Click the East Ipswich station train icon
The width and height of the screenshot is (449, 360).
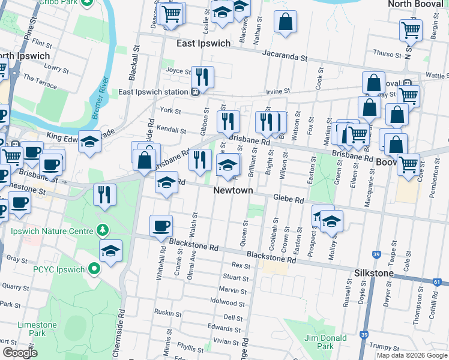point(196,92)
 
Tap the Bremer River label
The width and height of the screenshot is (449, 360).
point(100,90)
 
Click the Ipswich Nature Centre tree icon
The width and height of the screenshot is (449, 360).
point(103,230)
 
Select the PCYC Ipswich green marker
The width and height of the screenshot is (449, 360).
point(94,269)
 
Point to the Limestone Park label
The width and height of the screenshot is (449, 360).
point(37,329)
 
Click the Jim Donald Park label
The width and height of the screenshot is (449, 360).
point(325,342)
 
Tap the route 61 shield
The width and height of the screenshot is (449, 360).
point(437,281)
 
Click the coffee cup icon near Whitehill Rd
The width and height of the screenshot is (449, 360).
point(161,226)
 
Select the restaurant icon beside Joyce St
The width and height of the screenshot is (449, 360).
point(202,76)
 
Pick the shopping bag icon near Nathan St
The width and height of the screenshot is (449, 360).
point(286,21)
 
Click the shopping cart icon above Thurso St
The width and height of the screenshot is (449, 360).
point(411,30)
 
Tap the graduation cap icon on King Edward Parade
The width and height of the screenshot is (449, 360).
point(89,142)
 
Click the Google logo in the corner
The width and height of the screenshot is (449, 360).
point(20,353)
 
